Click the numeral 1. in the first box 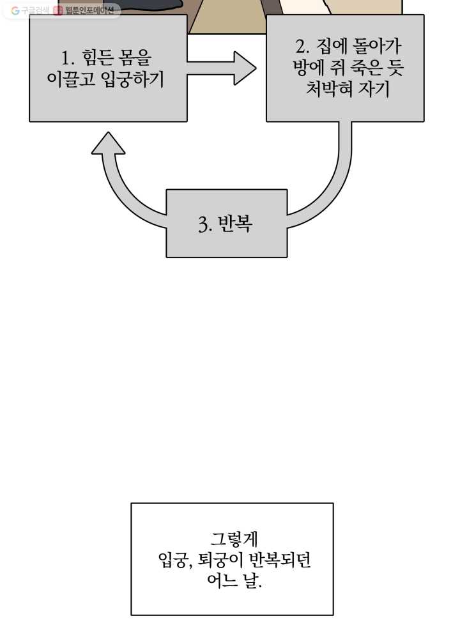coord(68,58)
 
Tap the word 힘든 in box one coord(97,58)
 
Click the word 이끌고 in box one coord(70,78)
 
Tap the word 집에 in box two coord(331,46)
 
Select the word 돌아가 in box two coord(376,46)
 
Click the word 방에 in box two coord(309,67)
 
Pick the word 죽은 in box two coord(366,67)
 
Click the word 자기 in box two coord(374,88)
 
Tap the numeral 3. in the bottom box coord(205,224)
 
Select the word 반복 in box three coord(235,223)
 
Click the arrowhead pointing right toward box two coord(245,68)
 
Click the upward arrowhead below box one coord(108,143)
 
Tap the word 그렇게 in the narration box coord(234,539)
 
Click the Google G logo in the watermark coord(15,11)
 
